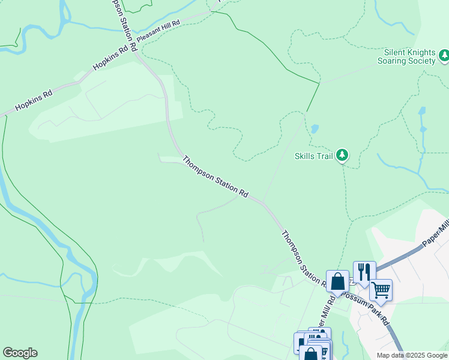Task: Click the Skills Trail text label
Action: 313,156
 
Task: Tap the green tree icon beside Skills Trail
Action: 342,155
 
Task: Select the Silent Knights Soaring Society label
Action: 406,56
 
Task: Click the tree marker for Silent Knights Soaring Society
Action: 444,56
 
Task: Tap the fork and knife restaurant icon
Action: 364,272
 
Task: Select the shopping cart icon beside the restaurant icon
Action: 381,290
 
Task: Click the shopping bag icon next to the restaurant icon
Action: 337,281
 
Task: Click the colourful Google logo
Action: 20,353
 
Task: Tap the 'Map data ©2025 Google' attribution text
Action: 412,355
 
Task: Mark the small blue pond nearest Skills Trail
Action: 314,129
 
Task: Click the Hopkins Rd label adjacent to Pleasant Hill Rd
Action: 111,59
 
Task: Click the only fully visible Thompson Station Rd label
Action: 215,177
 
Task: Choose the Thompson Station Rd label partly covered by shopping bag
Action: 303,257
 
